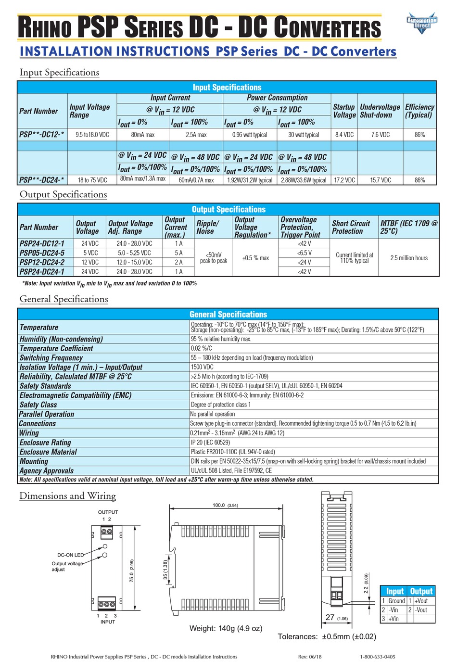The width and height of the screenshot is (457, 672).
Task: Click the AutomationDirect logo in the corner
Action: (x=422, y=23)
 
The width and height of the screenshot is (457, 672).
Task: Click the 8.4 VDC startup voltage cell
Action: (x=344, y=135)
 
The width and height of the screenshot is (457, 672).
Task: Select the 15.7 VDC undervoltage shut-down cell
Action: (x=381, y=180)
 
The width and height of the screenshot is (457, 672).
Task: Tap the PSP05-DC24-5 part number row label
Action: (x=42, y=253)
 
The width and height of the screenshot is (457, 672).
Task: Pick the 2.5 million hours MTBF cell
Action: (x=409, y=258)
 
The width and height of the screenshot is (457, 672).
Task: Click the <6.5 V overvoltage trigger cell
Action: (x=304, y=253)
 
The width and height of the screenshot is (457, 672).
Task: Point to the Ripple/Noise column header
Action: (x=207, y=227)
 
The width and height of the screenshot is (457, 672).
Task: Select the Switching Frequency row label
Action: (x=51, y=358)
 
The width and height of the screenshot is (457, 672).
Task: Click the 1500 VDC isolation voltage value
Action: (x=202, y=367)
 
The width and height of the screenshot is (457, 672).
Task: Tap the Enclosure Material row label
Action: (x=48, y=452)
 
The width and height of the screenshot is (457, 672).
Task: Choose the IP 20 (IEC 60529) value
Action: (x=210, y=443)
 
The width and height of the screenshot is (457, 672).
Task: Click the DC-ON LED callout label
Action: (x=70, y=555)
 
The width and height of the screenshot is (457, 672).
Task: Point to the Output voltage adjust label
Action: (x=67, y=566)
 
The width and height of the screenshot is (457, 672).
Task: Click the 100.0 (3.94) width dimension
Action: (x=225, y=505)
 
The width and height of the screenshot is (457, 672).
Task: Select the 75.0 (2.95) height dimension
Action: (x=132, y=571)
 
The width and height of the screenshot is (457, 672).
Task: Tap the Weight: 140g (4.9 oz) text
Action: (x=226, y=628)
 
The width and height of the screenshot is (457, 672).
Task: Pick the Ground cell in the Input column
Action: (x=396, y=601)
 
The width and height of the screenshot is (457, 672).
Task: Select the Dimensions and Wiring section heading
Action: (x=67, y=496)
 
